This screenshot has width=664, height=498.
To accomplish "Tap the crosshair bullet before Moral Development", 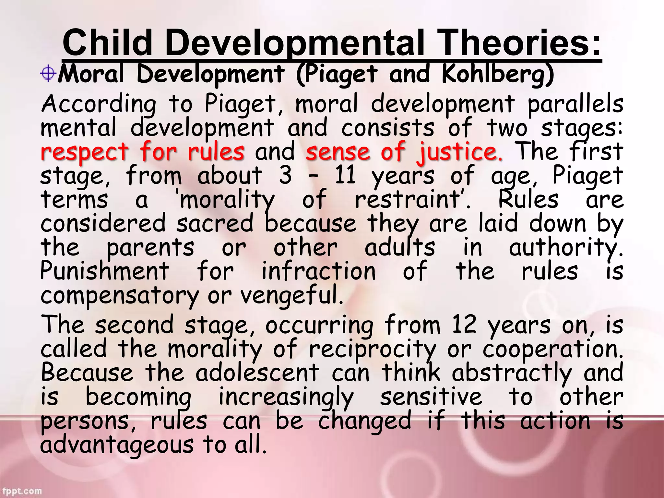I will coord(48,74).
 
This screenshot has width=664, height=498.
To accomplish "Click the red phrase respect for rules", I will coord(143,152).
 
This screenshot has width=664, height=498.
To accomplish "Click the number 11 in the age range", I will coord(345,175).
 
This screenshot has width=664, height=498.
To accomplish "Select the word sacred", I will coord(215,223).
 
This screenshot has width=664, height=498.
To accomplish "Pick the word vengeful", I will coord(291,295).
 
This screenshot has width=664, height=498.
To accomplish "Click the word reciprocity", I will coord(373,350).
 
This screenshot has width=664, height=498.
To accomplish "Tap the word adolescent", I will coord(257,373).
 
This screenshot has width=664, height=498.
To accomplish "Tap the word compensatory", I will coord(119,296).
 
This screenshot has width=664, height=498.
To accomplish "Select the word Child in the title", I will coord(107,43).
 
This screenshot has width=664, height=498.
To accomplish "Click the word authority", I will coord(565,248).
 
